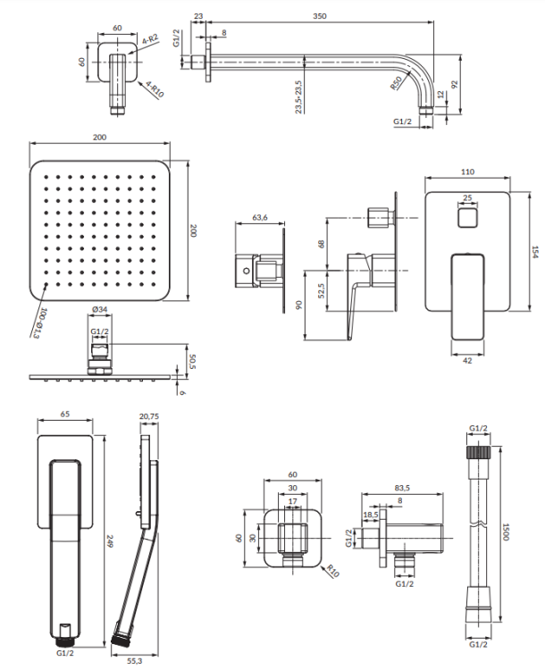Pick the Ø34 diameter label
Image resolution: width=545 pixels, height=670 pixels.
point(99,310)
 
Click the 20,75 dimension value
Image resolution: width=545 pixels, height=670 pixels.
point(148,416)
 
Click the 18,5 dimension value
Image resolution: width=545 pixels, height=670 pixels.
point(370,515)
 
